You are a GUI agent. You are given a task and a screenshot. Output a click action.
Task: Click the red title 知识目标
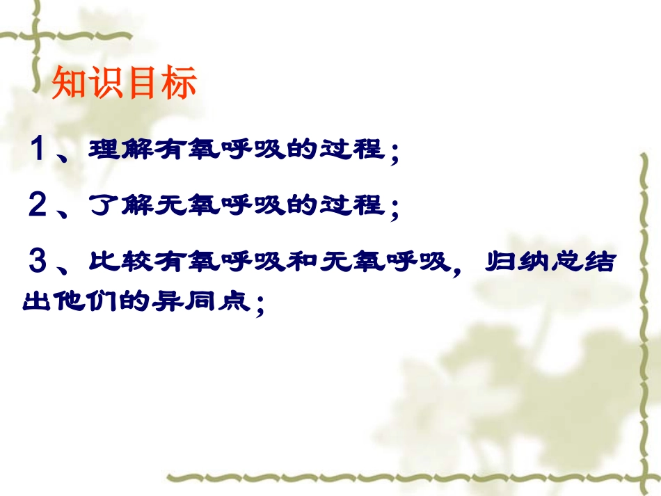[125, 83]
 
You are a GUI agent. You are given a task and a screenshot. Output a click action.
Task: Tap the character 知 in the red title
[70, 83]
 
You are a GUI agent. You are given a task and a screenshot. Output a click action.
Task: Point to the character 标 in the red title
[180, 83]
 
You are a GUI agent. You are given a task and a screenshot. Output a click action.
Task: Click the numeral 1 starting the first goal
[39, 149]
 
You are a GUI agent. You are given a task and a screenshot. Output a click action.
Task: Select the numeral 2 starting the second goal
[38, 205]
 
